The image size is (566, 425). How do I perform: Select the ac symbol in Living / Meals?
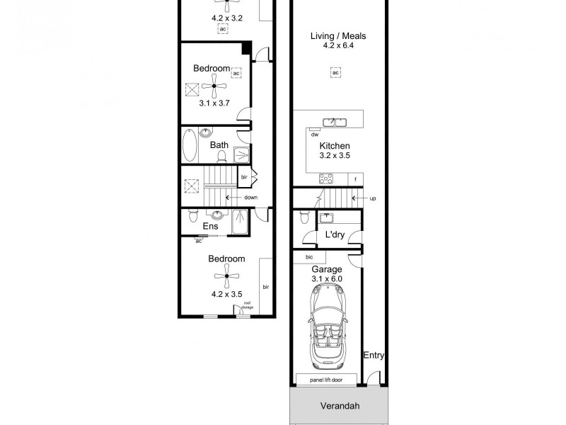[x=335, y=72]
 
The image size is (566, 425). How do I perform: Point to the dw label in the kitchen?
[x=313, y=133]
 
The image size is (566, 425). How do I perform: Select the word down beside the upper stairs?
[x=250, y=198]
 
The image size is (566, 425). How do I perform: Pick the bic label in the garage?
[x=309, y=257]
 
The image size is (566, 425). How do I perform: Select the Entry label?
[x=374, y=356]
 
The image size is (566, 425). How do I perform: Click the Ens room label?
[x=210, y=227]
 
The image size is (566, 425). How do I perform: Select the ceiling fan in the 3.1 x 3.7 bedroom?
[x=215, y=87]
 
